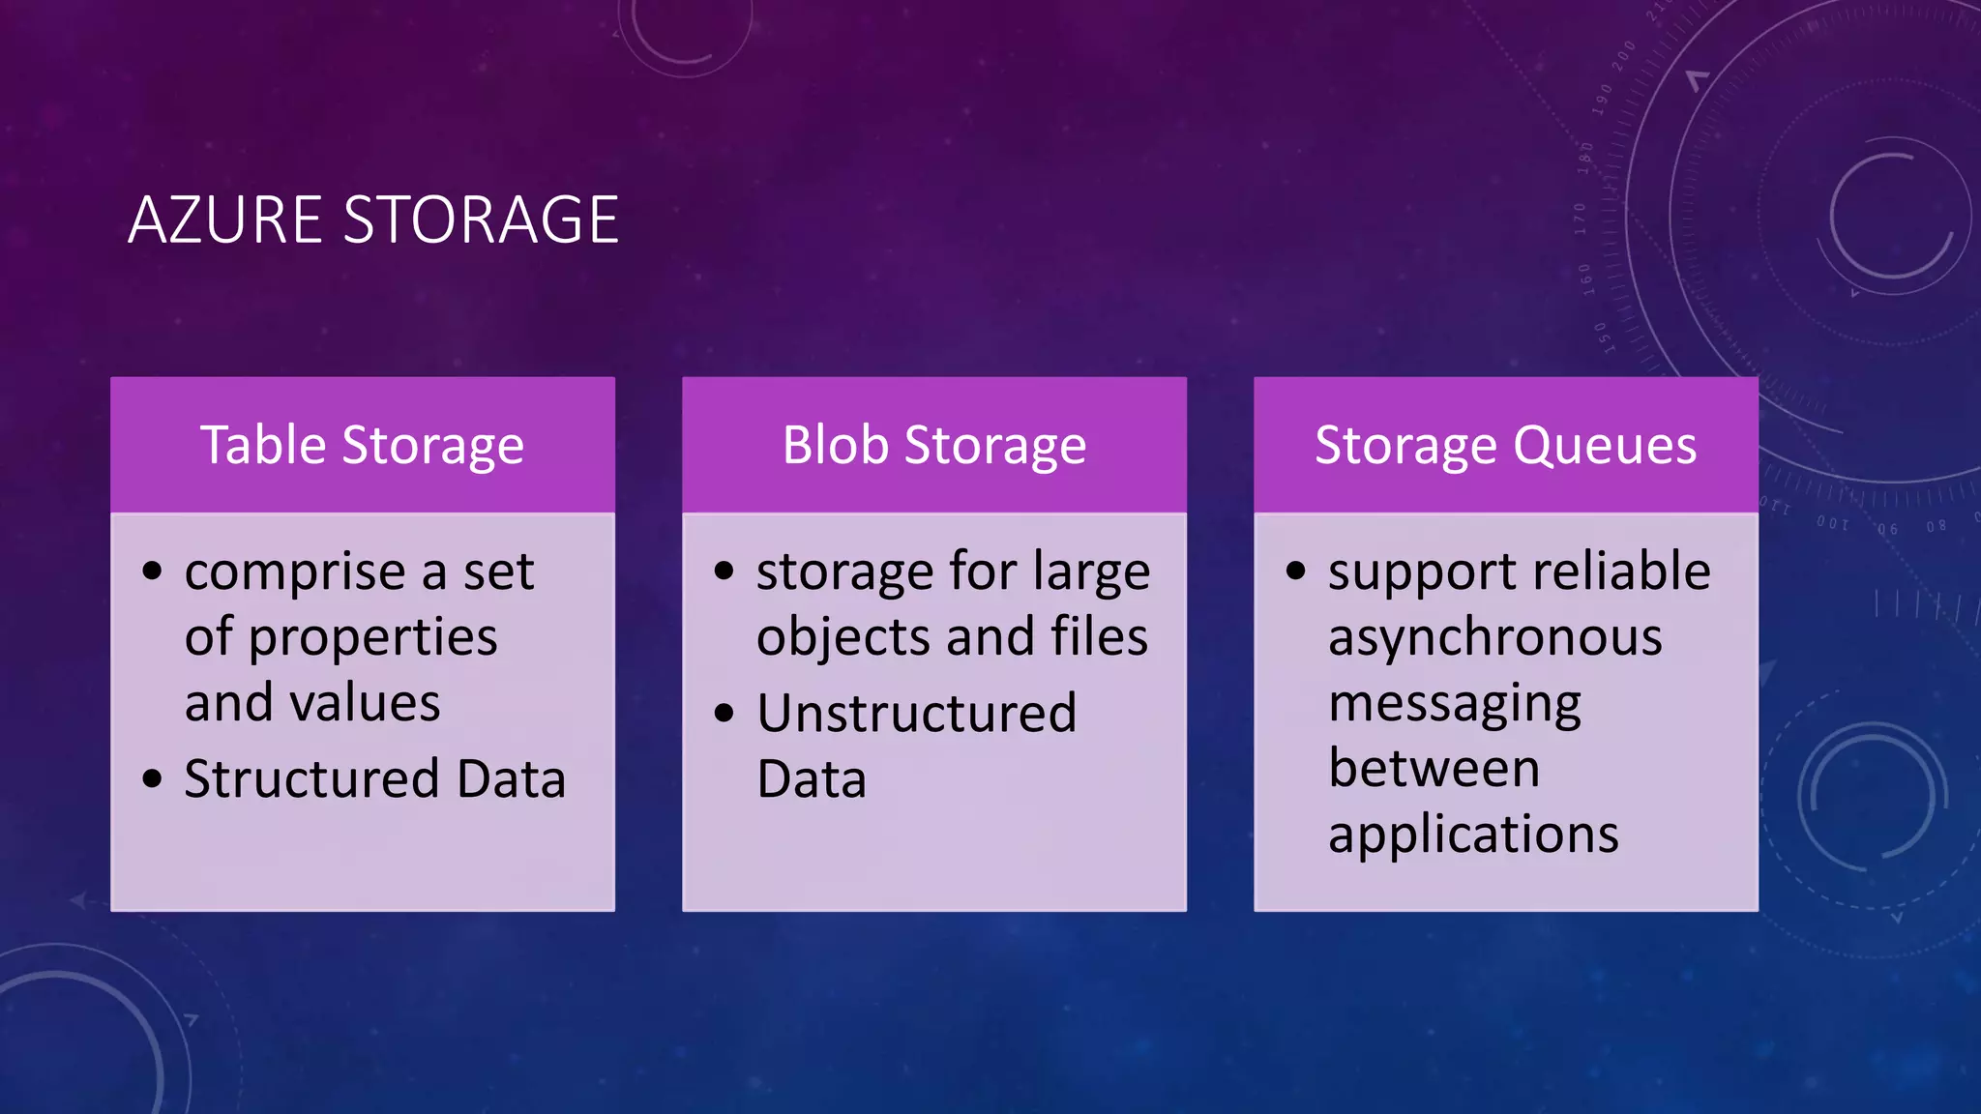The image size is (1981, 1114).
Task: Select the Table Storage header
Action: coord(363,446)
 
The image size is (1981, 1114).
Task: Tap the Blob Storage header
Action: coord(934,446)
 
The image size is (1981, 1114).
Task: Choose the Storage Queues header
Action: coord(1505,446)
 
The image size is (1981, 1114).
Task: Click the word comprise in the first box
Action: coord(294,572)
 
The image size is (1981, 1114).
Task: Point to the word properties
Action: coord(372,638)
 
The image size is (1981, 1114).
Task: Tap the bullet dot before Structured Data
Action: coord(152,778)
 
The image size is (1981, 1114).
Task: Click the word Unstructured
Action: coord(916,714)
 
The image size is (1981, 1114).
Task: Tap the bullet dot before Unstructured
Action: coord(724,714)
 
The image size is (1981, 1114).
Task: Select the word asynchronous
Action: coord(1495,638)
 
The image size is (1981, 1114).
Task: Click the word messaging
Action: coord(1455,704)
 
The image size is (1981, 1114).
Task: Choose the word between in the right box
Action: coord(1434,769)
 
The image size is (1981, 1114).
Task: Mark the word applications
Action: coord(1473,835)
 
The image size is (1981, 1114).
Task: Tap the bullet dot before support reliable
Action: coord(1295,571)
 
